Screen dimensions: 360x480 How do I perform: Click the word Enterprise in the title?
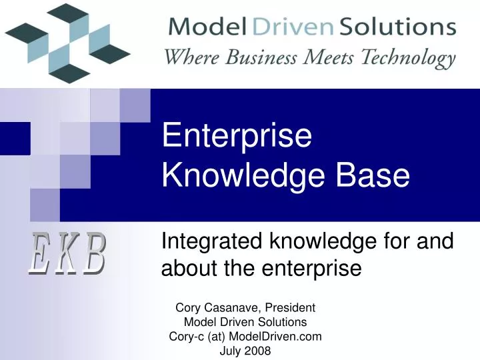(x=237, y=137)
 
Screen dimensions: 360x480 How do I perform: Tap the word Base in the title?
(x=377, y=176)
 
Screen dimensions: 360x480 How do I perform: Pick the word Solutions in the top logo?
(x=398, y=27)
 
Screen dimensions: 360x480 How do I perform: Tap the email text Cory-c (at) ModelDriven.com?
(x=245, y=337)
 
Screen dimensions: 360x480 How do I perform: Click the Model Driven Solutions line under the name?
(x=245, y=323)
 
